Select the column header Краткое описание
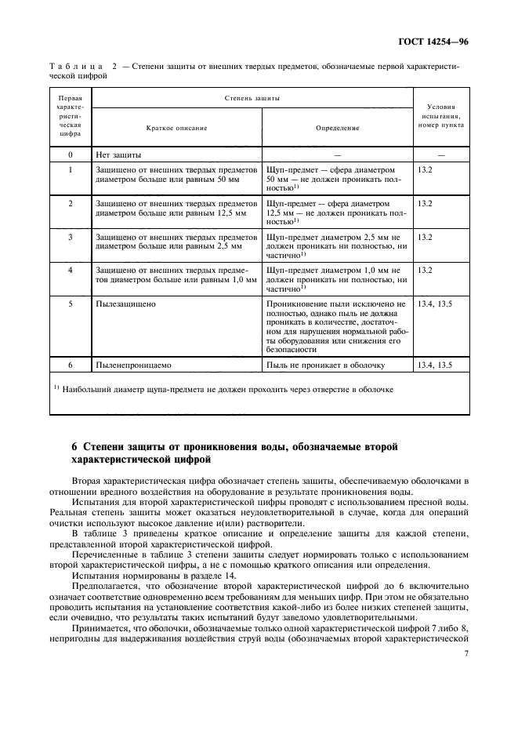point(176,127)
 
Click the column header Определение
point(337,127)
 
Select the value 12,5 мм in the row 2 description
point(227,212)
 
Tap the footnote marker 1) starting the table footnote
point(57,387)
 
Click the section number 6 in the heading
point(75,447)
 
